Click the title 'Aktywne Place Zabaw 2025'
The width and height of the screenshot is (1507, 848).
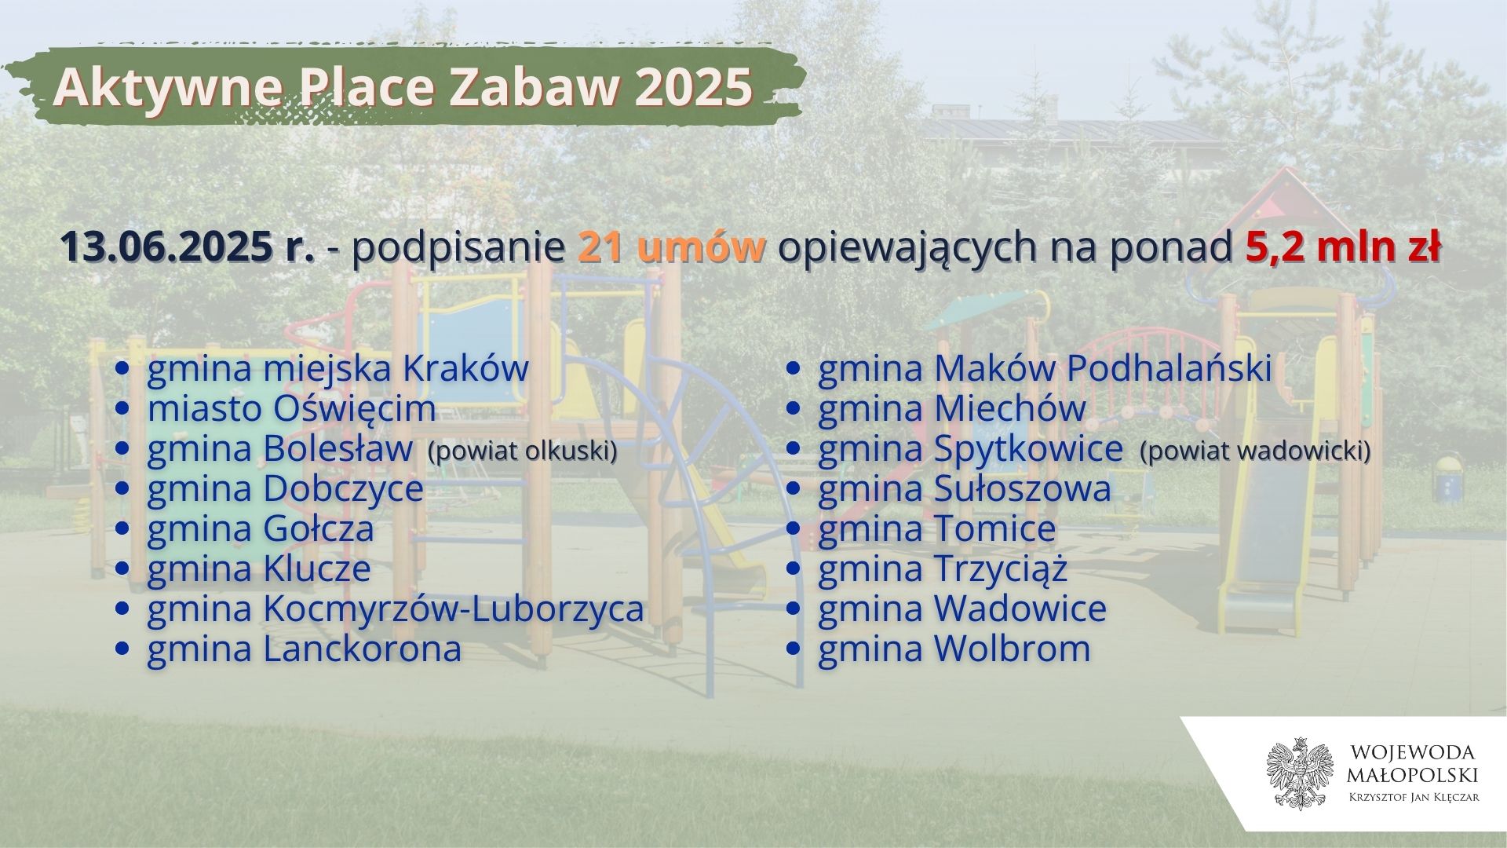tap(403, 87)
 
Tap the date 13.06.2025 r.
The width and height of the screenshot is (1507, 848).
tap(188, 247)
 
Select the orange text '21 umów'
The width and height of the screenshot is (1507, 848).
tap(672, 247)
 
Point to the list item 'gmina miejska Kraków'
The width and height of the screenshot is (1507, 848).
tap(338, 369)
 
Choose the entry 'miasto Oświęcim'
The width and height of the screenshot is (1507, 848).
tap(291, 408)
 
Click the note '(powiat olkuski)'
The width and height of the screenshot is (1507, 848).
tap(522, 451)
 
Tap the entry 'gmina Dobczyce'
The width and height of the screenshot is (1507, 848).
tap(285, 489)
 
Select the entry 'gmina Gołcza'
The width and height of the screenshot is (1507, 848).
tap(261, 528)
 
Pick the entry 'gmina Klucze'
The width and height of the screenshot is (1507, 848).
tap(259, 568)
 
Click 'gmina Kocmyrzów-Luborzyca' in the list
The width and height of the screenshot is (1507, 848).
tap(396, 609)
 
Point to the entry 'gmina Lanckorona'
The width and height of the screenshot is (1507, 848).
tap(305, 649)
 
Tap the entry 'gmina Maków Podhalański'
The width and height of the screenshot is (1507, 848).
tap(1045, 369)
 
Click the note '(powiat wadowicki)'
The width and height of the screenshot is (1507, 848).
tap(1255, 451)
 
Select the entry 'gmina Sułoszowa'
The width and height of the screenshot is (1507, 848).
tap(965, 489)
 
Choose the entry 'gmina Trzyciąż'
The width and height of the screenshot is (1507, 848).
tap(943, 569)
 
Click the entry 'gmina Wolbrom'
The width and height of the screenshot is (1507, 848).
tap(954, 649)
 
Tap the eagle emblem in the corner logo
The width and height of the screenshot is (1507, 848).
tap(1299, 773)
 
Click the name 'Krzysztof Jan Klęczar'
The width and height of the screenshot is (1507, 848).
tap(1413, 798)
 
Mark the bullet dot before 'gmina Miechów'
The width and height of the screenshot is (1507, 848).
tap(794, 409)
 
